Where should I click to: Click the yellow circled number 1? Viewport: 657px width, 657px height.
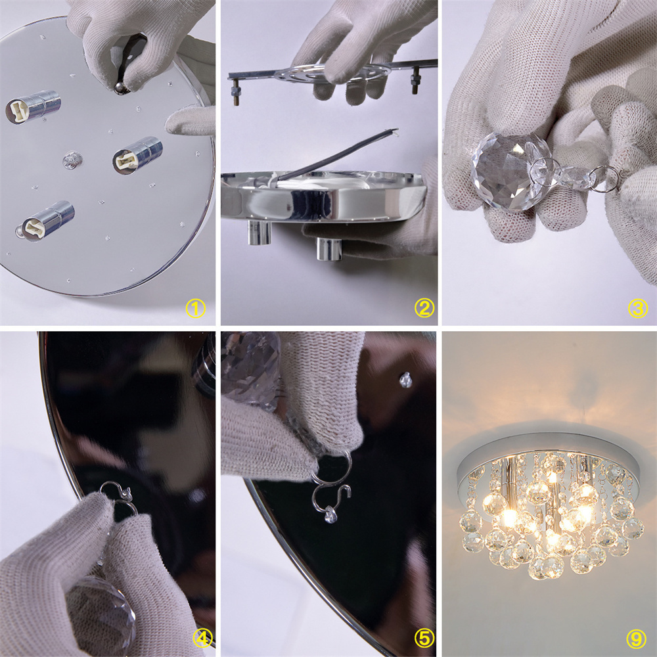[x=195, y=309]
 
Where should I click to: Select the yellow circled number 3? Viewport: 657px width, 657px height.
[x=637, y=309]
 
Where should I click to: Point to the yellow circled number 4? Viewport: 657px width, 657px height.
[x=203, y=639]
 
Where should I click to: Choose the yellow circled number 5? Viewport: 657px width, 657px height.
[x=424, y=638]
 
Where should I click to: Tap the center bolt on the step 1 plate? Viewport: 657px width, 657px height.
[x=72, y=160]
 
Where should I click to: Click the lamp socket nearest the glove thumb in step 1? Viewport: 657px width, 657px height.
[x=137, y=155]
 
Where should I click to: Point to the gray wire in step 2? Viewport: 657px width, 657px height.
[x=335, y=157]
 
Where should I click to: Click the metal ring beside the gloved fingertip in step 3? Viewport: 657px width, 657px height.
[x=604, y=178]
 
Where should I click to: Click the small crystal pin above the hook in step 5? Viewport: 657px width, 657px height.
[x=405, y=380]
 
